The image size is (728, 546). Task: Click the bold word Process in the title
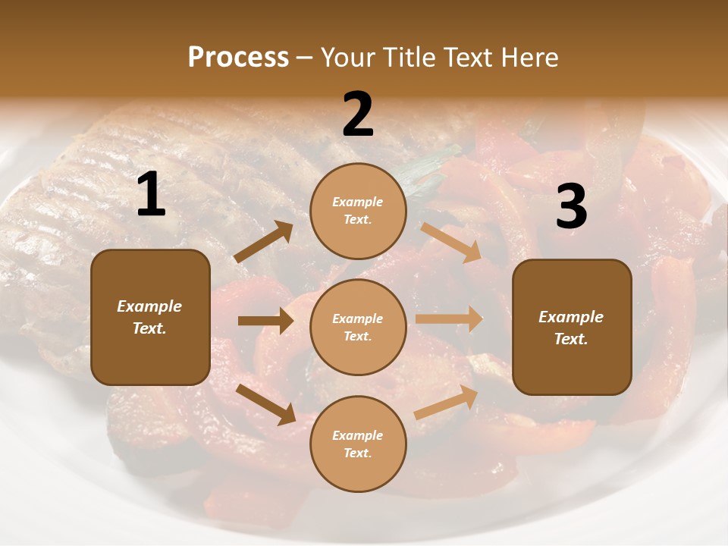[238, 57]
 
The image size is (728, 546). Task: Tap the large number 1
[151, 195]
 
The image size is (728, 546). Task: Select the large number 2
[358, 115]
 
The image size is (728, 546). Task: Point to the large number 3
[571, 207]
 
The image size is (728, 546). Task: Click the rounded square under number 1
[150, 317]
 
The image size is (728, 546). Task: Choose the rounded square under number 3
[572, 327]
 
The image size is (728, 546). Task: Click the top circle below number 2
[358, 211]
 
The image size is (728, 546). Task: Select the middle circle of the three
[358, 327]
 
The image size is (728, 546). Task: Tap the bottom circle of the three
[358, 444]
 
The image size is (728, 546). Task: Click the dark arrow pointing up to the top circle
[264, 242]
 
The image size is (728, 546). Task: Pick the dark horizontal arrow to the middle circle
[265, 321]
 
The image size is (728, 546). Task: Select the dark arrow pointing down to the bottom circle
[265, 404]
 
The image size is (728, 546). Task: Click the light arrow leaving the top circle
[450, 242]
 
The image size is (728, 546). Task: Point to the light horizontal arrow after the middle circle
[449, 319]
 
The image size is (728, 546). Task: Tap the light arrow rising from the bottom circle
[446, 402]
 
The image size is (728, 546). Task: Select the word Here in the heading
[529, 57]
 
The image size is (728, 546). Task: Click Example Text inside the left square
[149, 317]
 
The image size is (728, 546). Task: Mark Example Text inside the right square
[571, 328]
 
